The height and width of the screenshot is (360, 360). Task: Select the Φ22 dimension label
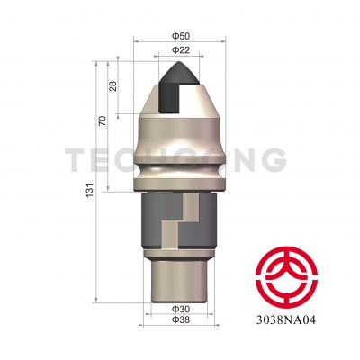[x=180, y=51]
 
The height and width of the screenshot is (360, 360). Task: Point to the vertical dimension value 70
[x=103, y=121]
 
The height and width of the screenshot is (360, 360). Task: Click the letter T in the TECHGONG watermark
[x=76, y=163]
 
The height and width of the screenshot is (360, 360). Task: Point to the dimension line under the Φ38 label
[x=179, y=326]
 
